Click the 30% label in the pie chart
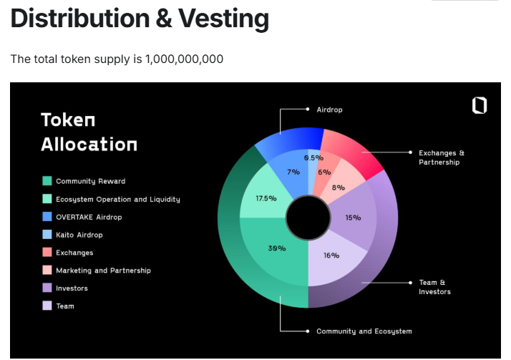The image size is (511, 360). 277,248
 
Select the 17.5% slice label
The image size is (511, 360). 266,198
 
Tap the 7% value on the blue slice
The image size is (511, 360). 293,172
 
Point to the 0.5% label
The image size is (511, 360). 314,158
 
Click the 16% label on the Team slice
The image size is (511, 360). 331,256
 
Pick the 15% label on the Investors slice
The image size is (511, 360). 353,218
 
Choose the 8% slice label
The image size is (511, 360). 339,188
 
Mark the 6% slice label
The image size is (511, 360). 324,172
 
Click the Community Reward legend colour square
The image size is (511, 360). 47,181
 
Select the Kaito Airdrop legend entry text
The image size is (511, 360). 79,235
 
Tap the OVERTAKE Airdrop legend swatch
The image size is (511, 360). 47,217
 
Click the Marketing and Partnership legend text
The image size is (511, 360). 103,271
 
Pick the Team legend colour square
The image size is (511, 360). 47,306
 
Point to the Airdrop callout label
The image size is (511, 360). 329,110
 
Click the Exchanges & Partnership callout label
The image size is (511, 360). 442,157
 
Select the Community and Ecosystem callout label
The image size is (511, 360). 364,331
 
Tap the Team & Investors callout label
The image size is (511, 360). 434,287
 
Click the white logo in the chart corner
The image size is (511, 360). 480,105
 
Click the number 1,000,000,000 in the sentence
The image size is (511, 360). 184,59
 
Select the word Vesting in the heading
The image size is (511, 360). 223,19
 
